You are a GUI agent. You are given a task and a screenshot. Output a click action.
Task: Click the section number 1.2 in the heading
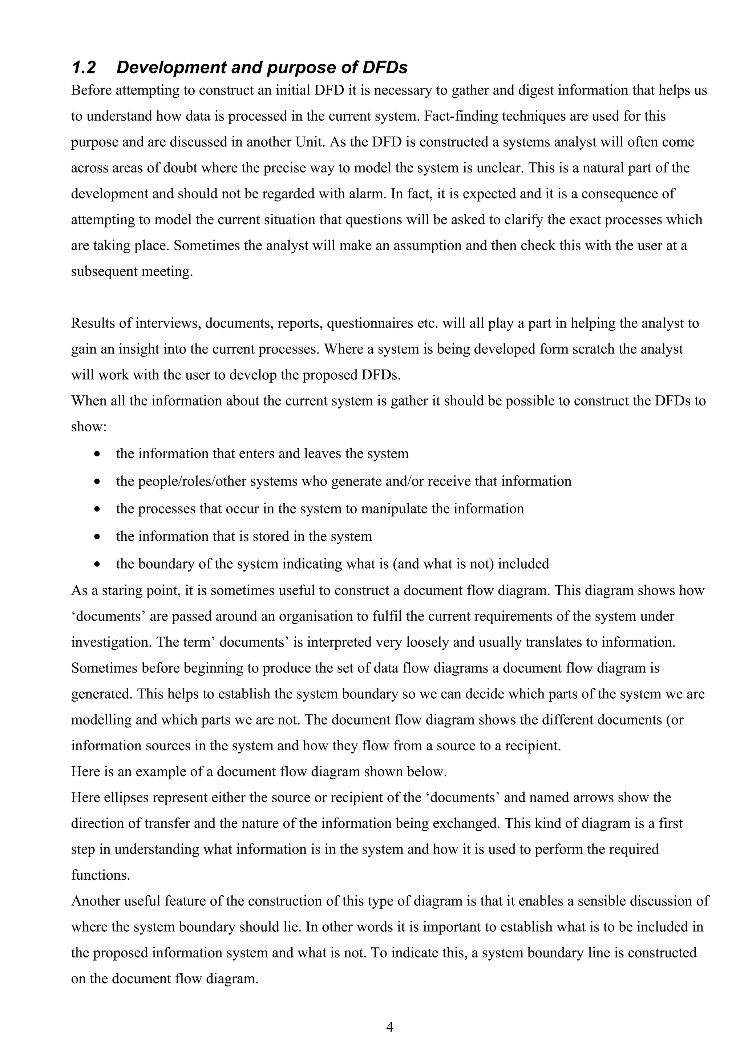[84, 68]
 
